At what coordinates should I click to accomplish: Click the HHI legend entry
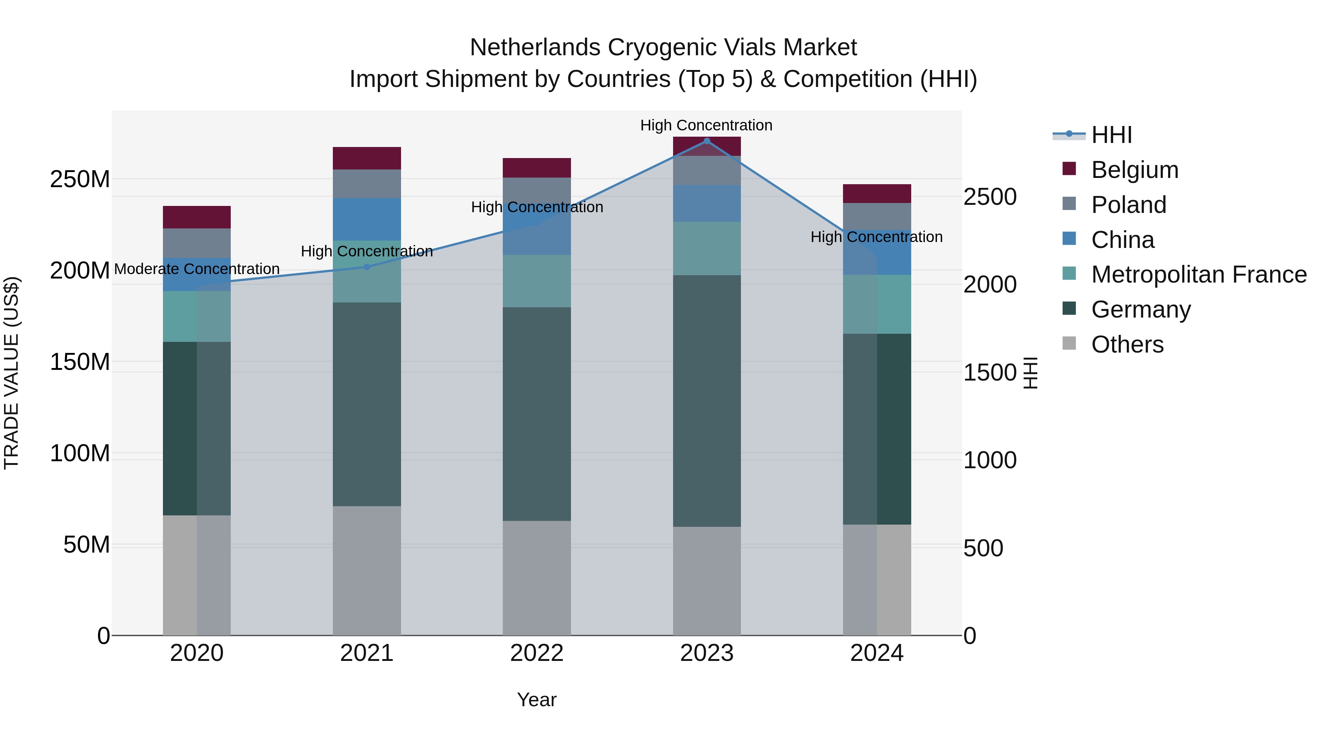(x=1111, y=135)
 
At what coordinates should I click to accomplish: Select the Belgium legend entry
(x=1134, y=170)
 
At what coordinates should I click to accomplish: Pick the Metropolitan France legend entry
(x=1199, y=274)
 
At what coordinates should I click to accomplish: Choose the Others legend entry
(x=1127, y=344)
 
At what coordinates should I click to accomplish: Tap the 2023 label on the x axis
(x=706, y=653)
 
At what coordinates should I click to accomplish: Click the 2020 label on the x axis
(x=197, y=653)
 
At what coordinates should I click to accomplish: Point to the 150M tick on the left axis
(x=80, y=362)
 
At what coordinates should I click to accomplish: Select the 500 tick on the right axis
(x=983, y=548)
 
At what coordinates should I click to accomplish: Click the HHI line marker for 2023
(x=707, y=141)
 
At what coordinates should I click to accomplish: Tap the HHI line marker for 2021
(x=367, y=267)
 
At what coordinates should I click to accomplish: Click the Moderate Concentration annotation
(x=197, y=269)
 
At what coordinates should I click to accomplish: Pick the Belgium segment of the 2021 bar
(x=367, y=158)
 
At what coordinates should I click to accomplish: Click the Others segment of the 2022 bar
(x=537, y=578)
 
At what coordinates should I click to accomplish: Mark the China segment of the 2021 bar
(x=367, y=219)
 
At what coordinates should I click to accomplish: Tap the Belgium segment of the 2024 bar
(x=877, y=193)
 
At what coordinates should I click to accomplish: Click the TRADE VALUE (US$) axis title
(x=11, y=373)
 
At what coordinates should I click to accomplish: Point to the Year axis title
(x=537, y=700)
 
